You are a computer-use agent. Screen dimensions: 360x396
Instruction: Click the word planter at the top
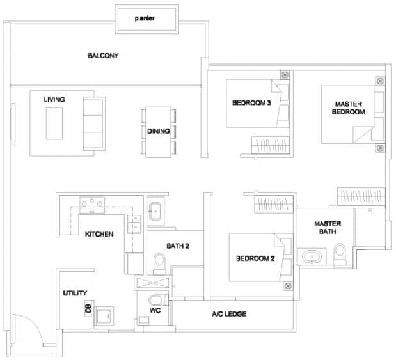[x=145, y=19]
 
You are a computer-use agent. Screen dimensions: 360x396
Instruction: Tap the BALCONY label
[x=103, y=56]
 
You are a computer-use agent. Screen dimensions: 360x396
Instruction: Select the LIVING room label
[x=54, y=100]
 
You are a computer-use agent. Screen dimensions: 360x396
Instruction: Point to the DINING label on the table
[x=158, y=131]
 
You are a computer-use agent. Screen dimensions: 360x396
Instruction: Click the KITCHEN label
[x=99, y=235]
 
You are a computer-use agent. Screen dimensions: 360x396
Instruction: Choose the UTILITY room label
[x=75, y=293]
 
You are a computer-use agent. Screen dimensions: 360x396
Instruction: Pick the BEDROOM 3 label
[x=251, y=103]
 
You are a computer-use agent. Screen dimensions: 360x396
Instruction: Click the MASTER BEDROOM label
[x=349, y=107]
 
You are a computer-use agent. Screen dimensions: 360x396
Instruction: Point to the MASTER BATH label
[x=327, y=228]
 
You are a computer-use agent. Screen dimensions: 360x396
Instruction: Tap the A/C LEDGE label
[x=229, y=314]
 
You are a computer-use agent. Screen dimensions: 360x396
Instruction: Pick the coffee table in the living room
[x=54, y=123]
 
